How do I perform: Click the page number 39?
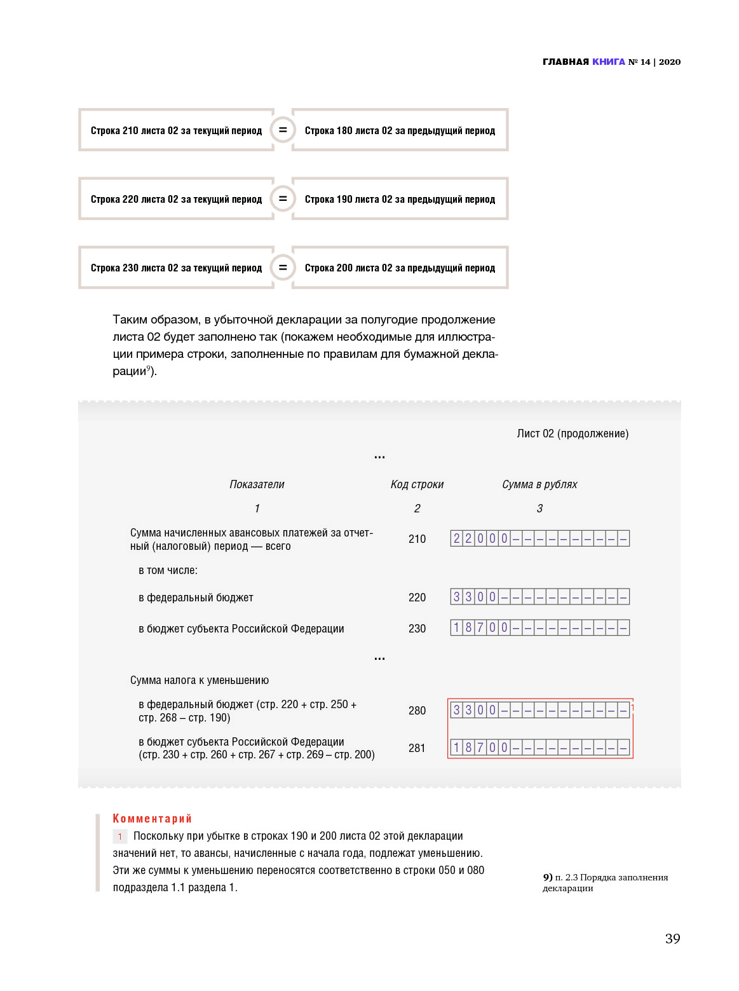coord(672,939)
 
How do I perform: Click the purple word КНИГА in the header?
coord(609,62)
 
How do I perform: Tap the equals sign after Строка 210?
coord(283,130)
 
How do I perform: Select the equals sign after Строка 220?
coord(283,198)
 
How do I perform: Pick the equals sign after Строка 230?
coord(283,267)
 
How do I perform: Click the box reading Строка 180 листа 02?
coord(400,130)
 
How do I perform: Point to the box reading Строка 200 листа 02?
coord(400,268)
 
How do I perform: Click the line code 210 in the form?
coord(417,539)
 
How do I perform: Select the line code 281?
coord(417,748)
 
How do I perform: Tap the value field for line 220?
coord(539,597)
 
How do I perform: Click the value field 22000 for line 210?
coord(539,538)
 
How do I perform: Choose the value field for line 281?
coord(539,748)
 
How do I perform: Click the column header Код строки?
coord(417,484)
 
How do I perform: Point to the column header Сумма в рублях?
coord(539,484)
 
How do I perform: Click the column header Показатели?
coord(257,484)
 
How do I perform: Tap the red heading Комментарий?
coord(152,819)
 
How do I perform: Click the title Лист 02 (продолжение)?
coord(573,434)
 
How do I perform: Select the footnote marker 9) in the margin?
coord(547,877)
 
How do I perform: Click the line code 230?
coord(417,629)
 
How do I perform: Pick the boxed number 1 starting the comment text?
coord(119,837)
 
